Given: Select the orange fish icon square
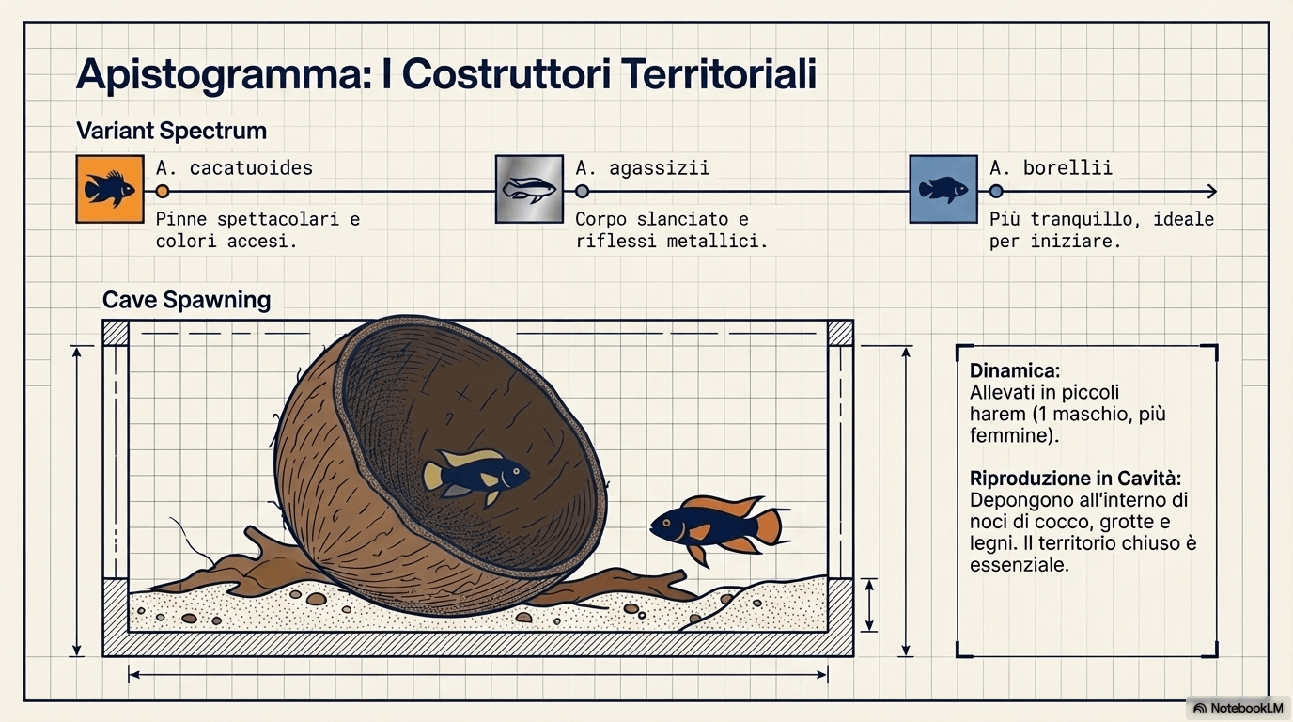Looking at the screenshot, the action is [x=110, y=189].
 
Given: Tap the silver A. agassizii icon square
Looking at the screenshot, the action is [x=529, y=189].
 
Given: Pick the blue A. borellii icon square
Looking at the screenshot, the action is [x=943, y=189].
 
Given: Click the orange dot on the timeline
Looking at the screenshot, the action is [x=163, y=191].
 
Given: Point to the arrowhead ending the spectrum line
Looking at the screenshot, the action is [x=1212, y=191].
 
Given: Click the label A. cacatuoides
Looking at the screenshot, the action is [x=234, y=168].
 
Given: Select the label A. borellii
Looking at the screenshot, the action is [x=1051, y=168].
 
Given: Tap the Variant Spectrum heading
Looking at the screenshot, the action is [x=171, y=131].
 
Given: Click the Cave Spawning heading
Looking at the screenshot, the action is [x=186, y=300].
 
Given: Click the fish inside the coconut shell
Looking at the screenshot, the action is [x=475, y=476].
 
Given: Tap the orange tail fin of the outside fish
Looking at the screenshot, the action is [x=770, y=526].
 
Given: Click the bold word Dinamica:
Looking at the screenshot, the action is [x=1015, y=370].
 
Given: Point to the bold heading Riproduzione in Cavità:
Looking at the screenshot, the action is [x=1075, y=479].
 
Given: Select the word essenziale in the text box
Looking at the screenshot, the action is [x=1020, y=565].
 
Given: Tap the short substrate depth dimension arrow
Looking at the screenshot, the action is [x=869, y=604].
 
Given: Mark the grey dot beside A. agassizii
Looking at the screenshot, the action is [x=583, y=191].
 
